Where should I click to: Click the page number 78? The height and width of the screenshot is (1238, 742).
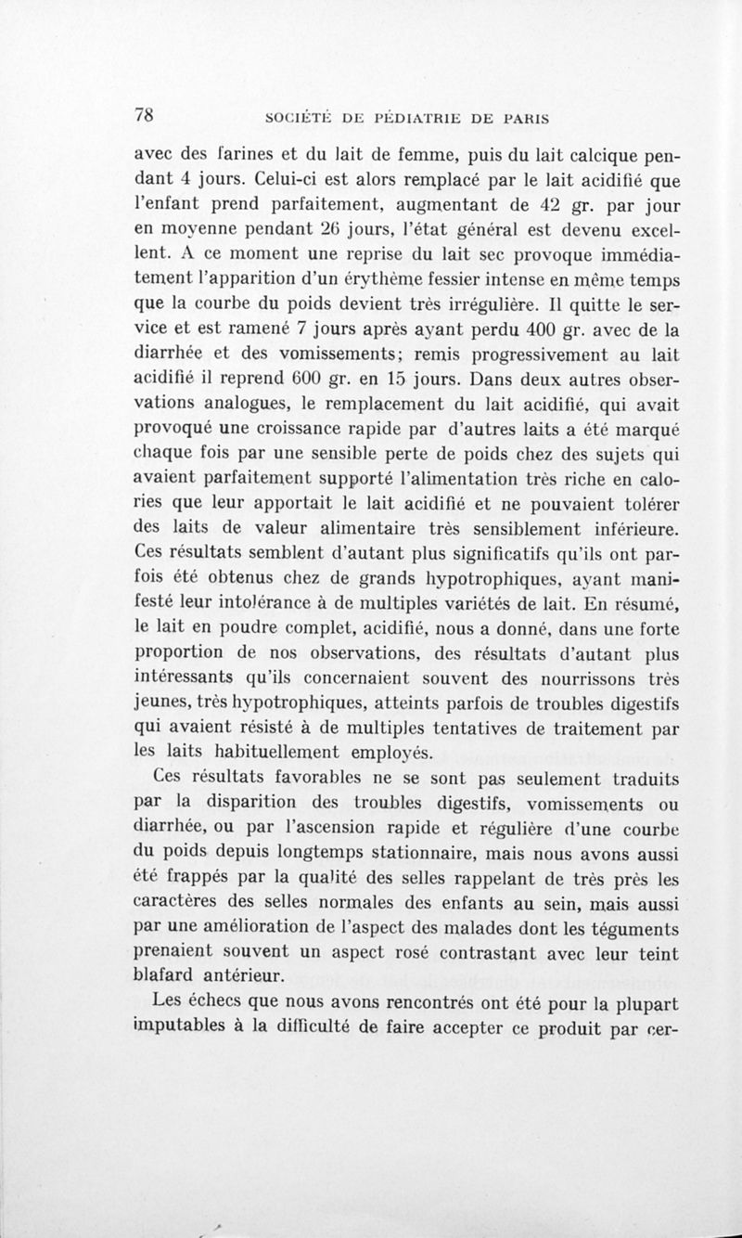click(x=143, y=115)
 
